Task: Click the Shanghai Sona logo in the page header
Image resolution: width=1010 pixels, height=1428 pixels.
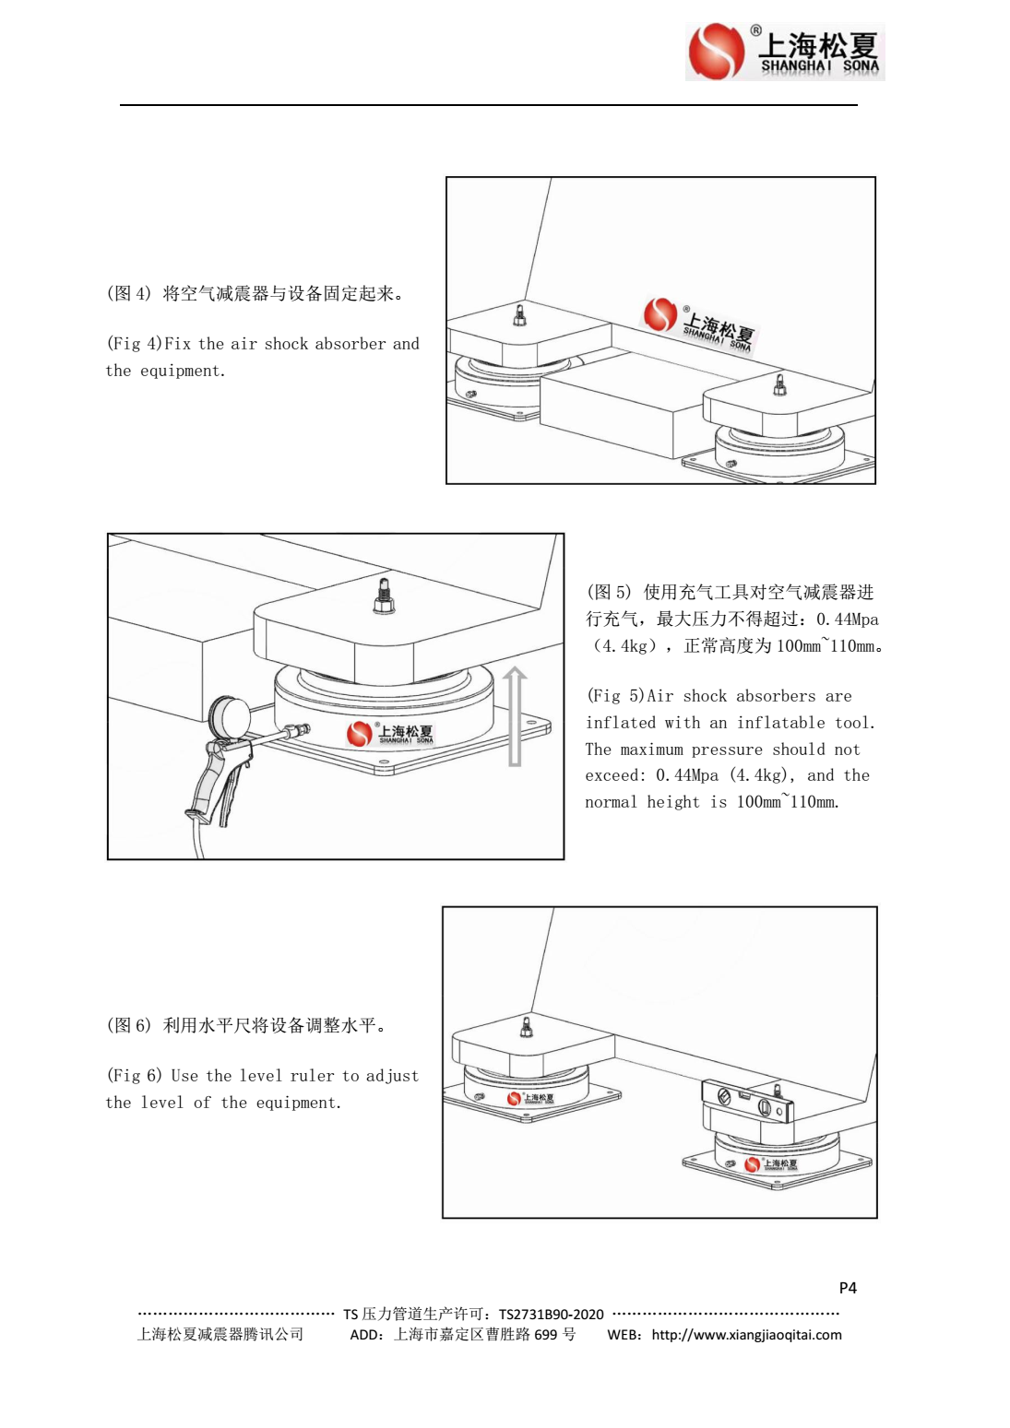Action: pyautogui.click(x=784, y=52)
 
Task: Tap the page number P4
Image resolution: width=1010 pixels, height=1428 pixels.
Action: pyautogui.click(x=847, y=1288)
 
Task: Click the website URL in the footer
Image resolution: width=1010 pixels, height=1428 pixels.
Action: pyautogui.click(x=746, y=1335)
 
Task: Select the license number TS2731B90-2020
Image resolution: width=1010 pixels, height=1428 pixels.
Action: pyautogui.click(x=551, y=1315)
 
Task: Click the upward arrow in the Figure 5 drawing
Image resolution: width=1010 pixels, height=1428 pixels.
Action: pyautogui.click(x=515, y=716)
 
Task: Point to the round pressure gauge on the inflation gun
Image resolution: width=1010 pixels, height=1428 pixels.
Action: pyautogui.click(x=227, y=714)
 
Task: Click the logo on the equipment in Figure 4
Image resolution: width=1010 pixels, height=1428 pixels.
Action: pyautogui.click(x=699, y=325)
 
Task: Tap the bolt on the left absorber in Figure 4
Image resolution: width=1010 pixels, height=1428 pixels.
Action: pyautogui.click(x=519, y=316)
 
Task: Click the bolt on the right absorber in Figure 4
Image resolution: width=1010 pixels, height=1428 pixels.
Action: pyautogui.click(x=779, y=384)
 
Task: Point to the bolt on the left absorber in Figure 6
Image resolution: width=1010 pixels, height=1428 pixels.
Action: pyautogui.click(x=527, y=1027)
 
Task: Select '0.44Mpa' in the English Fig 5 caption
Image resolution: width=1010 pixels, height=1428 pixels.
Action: pyautogui.click(x=687, y=776)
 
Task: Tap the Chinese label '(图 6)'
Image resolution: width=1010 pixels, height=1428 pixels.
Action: pyautogui.click(x=128, y=1025)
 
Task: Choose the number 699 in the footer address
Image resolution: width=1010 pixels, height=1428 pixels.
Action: pyautogui.click(x=545, y=1335)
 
